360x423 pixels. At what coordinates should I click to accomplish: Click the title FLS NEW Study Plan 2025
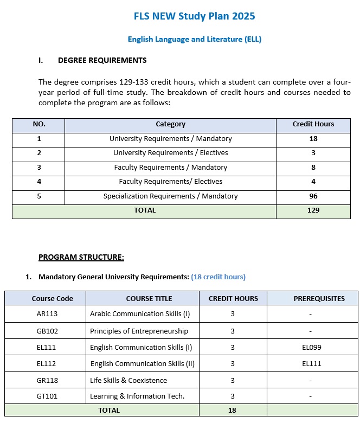coord(194,16)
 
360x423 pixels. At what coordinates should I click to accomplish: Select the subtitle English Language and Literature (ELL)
coord(195,39)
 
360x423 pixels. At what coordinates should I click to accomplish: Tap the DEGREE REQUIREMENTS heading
coord(102,60)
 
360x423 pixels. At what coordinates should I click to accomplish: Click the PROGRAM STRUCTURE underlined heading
coord(81,257)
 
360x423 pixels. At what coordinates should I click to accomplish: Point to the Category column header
coord(170,124)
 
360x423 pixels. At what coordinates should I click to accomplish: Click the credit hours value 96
coord(313,196)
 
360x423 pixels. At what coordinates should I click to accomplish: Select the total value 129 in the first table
coord(313,210)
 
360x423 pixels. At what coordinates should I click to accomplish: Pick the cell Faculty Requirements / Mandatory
coord(170,168)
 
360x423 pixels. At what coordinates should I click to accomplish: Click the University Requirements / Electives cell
coord(170,153)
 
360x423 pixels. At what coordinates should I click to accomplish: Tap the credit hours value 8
coord(313,168)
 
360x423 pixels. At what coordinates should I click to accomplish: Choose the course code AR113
coord(45,314)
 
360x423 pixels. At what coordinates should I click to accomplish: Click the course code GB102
coord(45,331)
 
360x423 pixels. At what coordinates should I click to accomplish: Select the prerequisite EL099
coord(312,347)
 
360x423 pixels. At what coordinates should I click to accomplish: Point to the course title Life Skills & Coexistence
coord(128,380)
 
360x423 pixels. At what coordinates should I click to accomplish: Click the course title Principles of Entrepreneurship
coord(139,331)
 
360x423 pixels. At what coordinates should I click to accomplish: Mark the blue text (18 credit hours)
coord(218,277)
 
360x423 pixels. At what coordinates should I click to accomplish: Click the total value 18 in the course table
coord(232,411)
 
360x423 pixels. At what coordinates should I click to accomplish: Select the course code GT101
coord(45,396)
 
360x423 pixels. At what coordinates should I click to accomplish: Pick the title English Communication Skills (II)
coord(142,364)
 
